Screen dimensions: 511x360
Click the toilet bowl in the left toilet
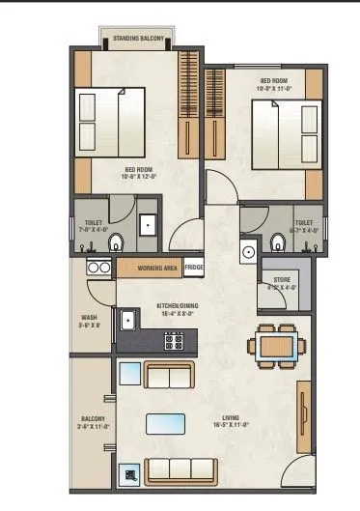pos(116,241)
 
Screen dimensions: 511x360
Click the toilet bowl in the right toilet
pos(278,241)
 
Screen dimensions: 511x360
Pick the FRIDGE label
pos(194,268)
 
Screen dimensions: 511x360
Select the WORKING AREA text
pos(155,268)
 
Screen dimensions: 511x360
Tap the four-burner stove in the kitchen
pos(175,340)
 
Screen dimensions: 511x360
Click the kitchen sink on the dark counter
pos(127,317)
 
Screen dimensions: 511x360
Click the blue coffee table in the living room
pos(166,422)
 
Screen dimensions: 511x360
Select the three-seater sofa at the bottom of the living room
pos(180,469)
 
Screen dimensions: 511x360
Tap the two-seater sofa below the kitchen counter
pos(166,377)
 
